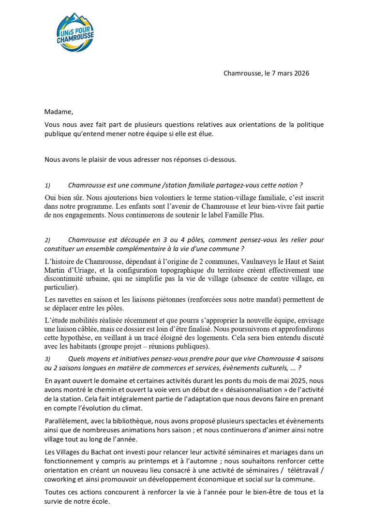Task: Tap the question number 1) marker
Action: coord(47,186)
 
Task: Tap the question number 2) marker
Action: coord(47,240)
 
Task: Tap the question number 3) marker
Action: coord(47,360)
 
